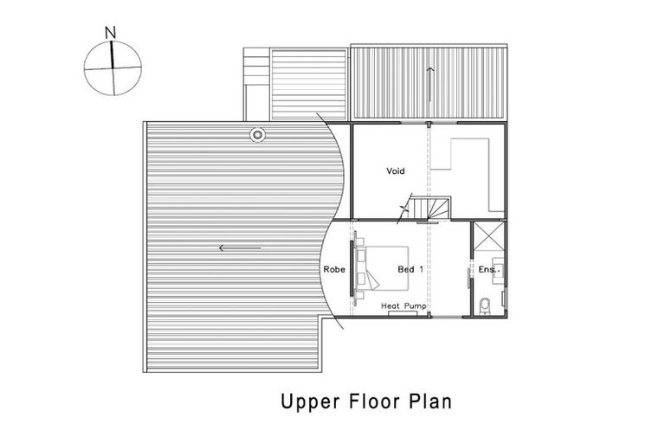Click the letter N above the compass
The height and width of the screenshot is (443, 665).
111,33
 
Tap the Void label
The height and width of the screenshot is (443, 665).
395,171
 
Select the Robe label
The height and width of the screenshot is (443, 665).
334,270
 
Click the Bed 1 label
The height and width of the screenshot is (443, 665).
410,270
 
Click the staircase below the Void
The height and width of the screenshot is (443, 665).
429,209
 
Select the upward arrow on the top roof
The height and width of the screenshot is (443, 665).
430,83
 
